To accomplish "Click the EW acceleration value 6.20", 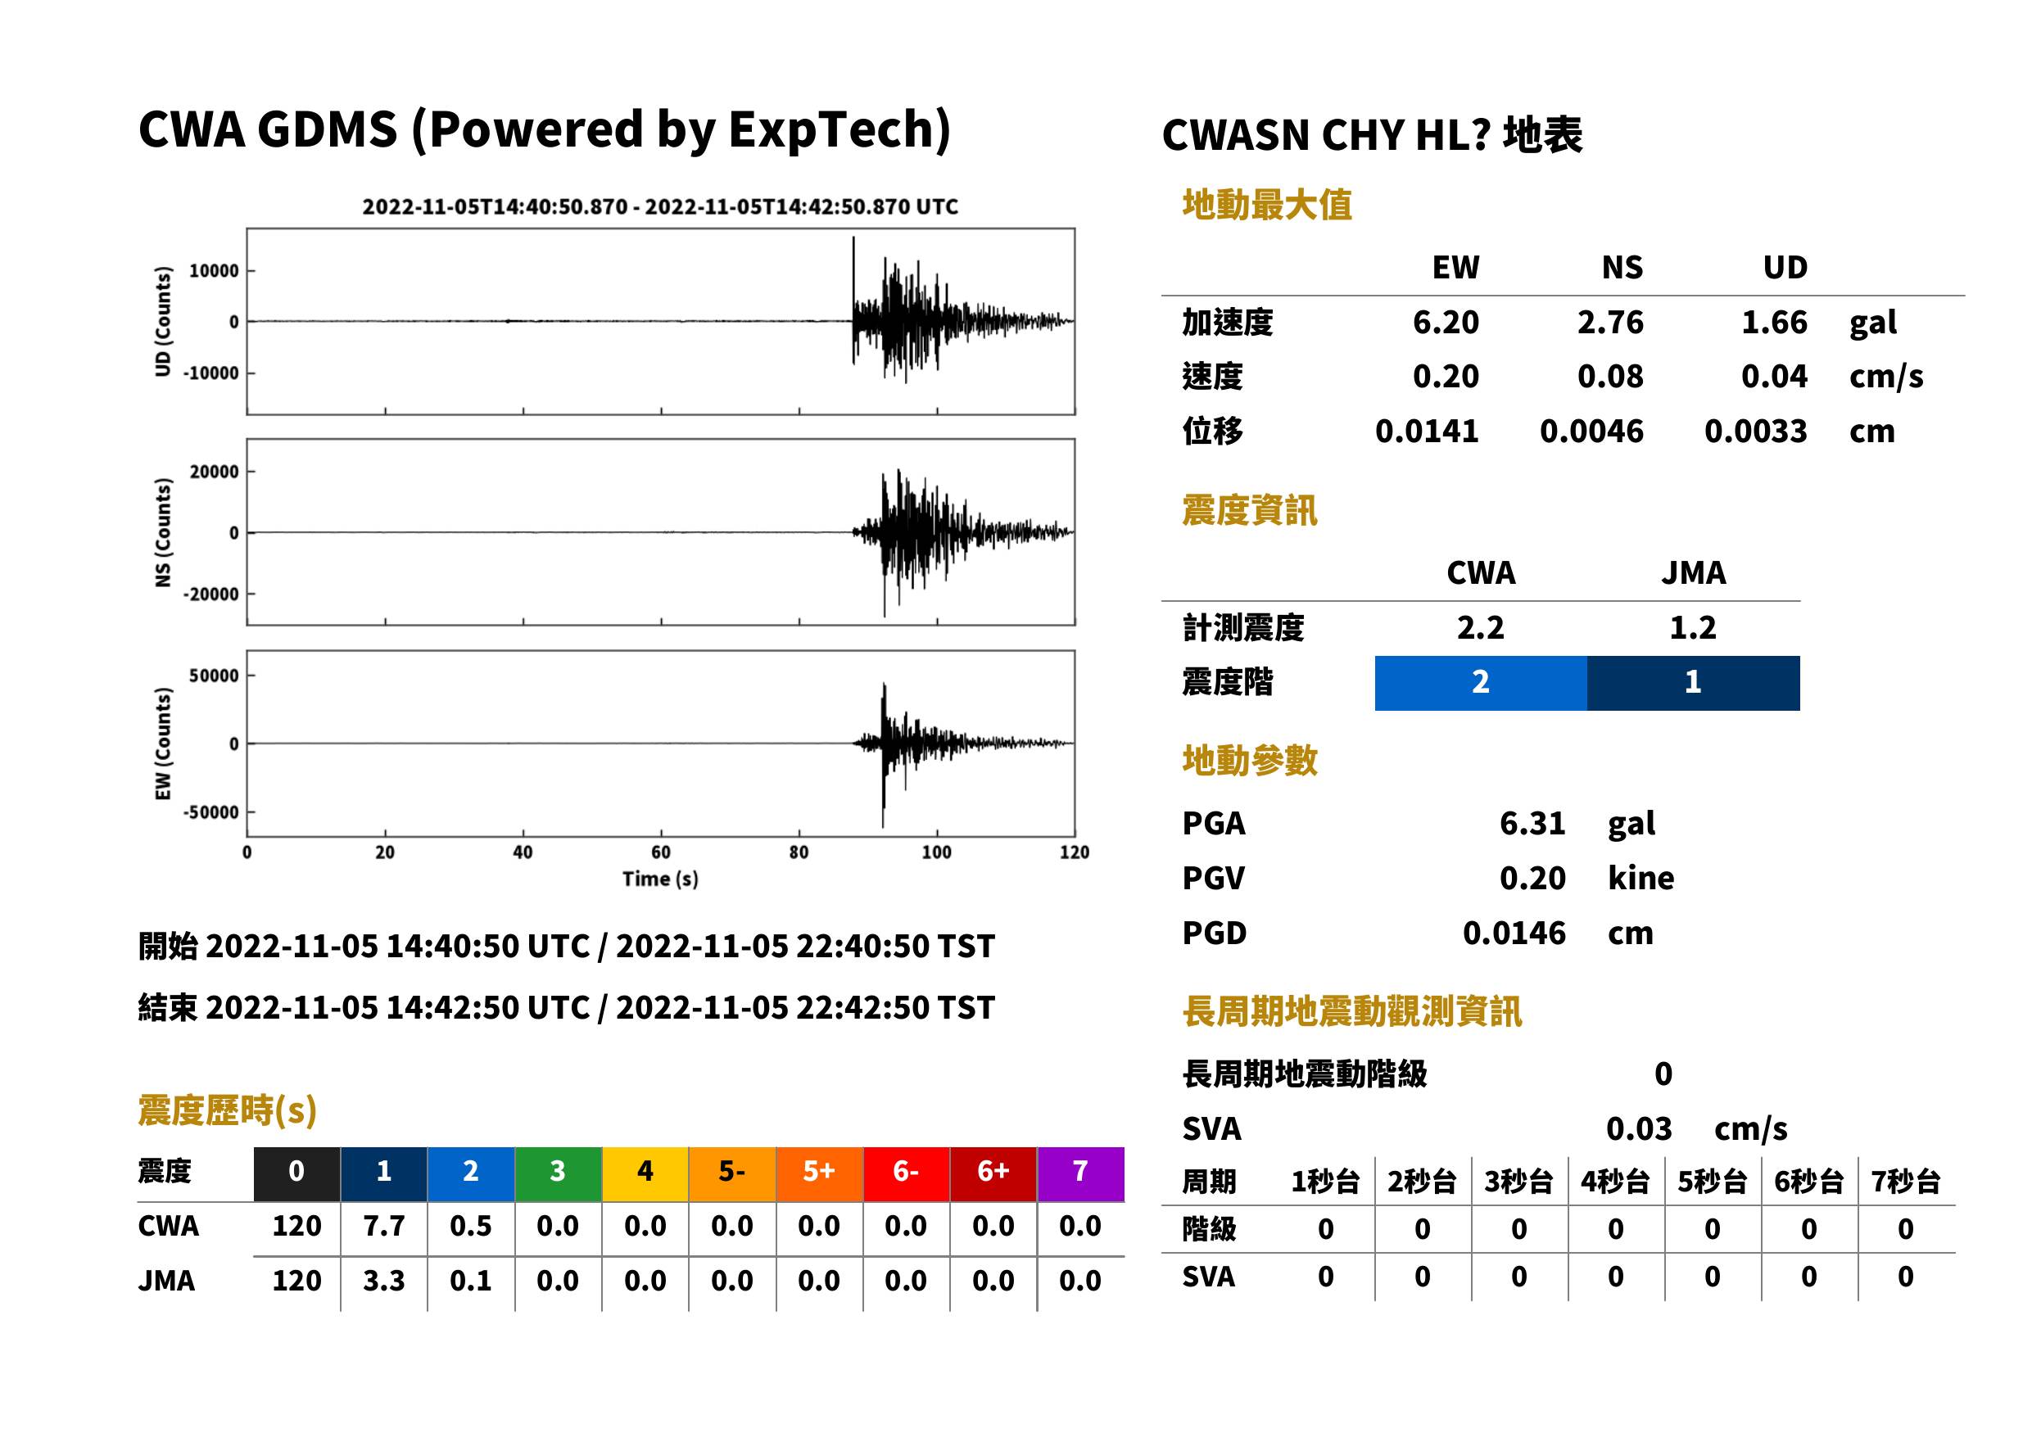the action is click(1445, 322).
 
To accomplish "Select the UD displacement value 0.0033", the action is click(1755, 431).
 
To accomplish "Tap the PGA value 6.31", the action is click(1532, 823).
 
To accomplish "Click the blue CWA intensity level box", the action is click(1481, 683).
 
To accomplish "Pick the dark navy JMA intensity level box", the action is click(1694, 683).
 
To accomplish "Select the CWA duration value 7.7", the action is click(383, 1226).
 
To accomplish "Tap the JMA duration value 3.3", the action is click(383, 1281).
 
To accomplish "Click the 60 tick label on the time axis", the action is click(660, 852).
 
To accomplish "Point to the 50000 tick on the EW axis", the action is click(214, 676).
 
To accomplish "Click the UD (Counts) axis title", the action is click(163, 321).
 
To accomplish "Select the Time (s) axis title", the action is click(660, 879).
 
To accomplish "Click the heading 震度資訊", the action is click(1249, 510).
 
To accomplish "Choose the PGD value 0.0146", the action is click(1514, 933).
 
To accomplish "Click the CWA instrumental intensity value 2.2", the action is click(1481, 627).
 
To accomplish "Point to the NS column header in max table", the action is click(1622, 267).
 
